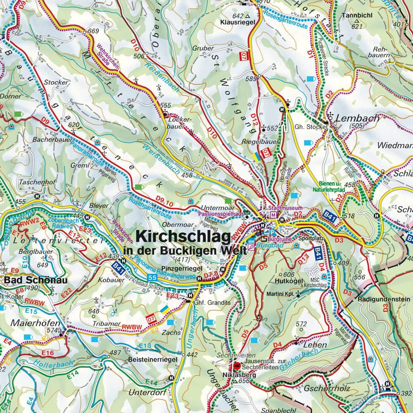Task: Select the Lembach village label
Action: tap(358, 118)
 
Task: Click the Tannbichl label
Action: tap(357, 16)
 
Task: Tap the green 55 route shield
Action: tap(152, 277)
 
